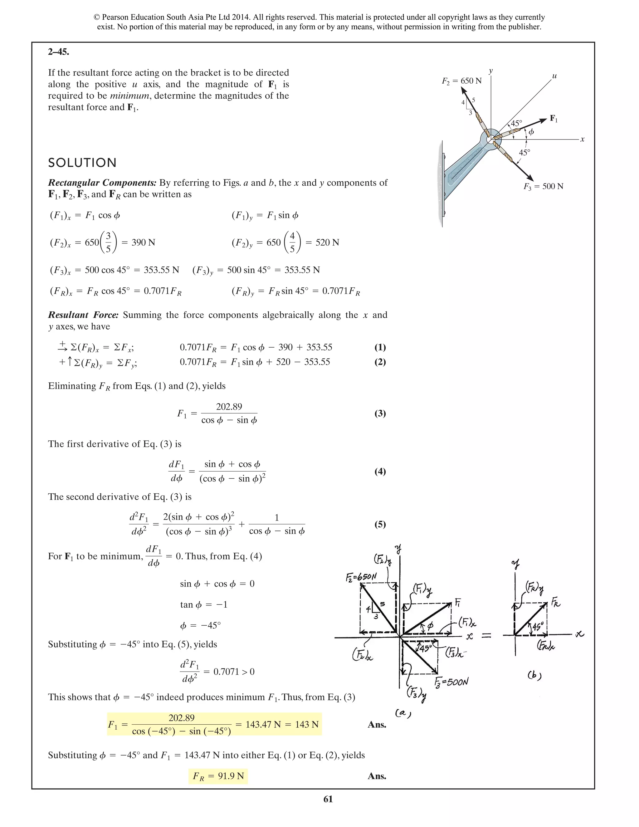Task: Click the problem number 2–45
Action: tap(58, 52)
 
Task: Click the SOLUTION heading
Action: tap(82, 163)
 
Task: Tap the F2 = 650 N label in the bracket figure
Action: tap(461, 81)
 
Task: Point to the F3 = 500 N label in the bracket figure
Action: tap(543, 186)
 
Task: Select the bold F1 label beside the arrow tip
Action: tap(554, 119)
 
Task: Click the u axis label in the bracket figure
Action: tap(554, 76)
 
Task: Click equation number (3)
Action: tap(380, 413)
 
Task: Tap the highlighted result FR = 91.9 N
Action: tap(218, 776)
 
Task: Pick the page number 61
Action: tap(328, 799)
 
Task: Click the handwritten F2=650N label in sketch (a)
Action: tap(362, 577)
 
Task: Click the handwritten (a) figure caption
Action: tap(403, 713)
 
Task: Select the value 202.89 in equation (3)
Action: tap(229, 407)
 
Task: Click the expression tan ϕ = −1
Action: tap(204, 605)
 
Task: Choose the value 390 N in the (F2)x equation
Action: tap(143, 242)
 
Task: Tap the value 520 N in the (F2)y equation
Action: tap(327, 242)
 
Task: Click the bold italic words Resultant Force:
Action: tap(83, 315)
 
